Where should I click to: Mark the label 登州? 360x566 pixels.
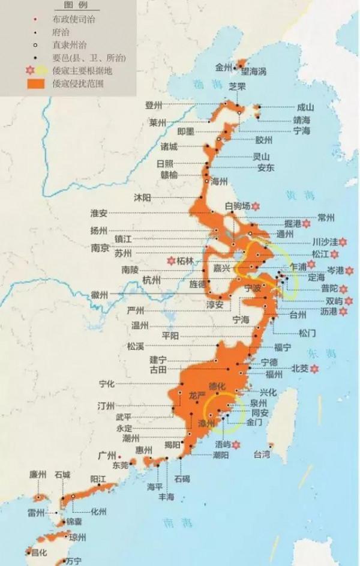[154, 105]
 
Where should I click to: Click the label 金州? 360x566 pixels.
[223, 68]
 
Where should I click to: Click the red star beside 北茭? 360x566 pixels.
[312, 368]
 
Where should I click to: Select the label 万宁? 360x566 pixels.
[74, 561]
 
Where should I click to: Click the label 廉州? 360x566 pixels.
[38, 474]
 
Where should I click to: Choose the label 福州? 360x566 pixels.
[274, 375]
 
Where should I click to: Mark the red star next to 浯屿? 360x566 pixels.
[236, 445]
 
